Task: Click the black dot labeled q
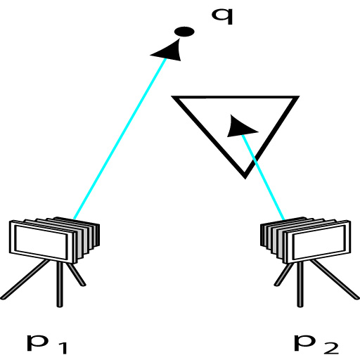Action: pos(184,32)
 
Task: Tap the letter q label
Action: pos(222,16)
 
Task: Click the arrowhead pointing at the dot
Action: pos(169,51)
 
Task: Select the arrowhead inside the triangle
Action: pos(240,127)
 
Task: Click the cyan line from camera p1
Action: pos(120,139)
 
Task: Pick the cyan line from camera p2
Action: pos(264,177)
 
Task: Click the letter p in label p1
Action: pos(37,343)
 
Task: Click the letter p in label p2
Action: pos(304,343)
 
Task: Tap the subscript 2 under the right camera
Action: pos(330,348)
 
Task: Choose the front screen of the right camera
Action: pos(319,243)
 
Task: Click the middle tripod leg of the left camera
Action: pos(60,284)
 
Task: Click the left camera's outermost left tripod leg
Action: pos(25,280)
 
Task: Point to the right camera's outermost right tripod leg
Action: pos(335,280)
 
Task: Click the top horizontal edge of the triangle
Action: pos(236,97)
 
